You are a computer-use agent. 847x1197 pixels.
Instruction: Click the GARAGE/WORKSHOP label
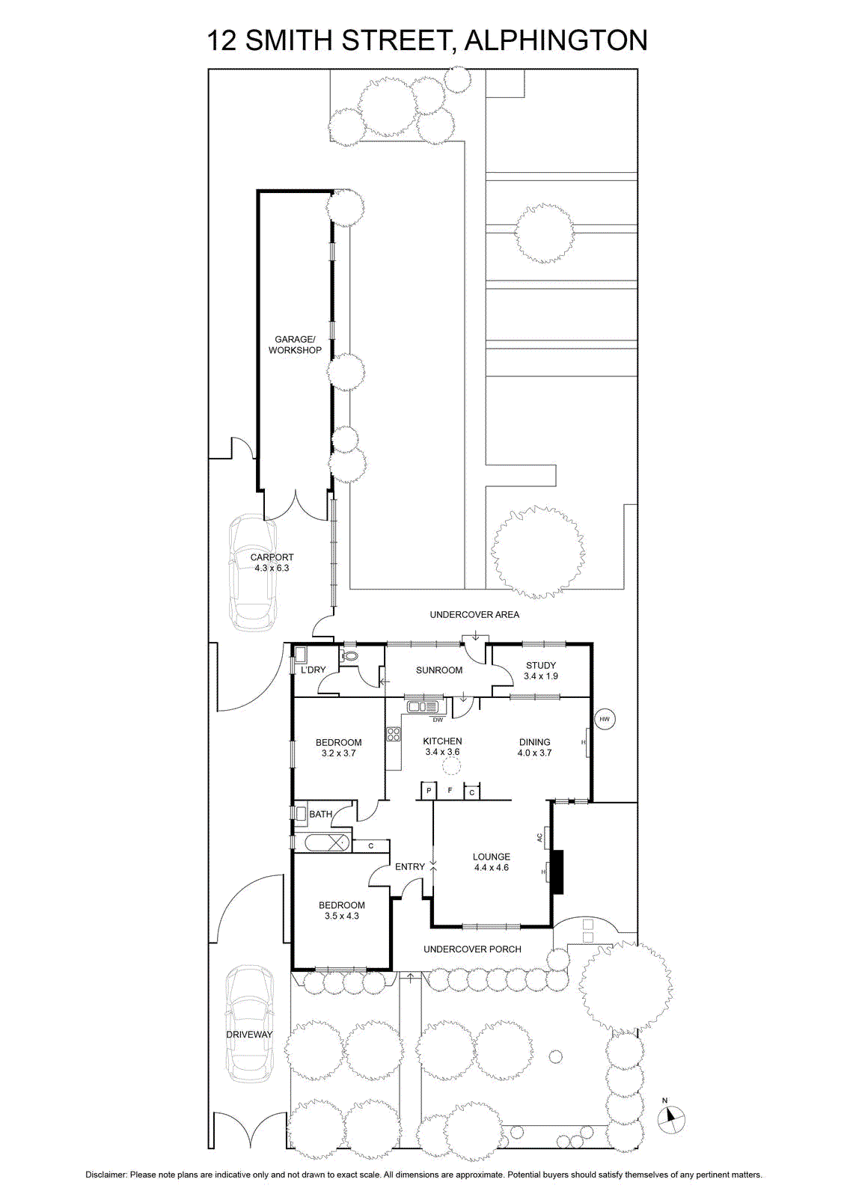point(295,345)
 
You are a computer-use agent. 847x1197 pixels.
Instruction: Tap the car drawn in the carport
point(253,572)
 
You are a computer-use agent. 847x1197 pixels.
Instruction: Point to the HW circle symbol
point(605,719)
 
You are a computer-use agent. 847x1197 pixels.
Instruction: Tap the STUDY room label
point(541,665)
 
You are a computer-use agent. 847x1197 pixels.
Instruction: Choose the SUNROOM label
point(439,670)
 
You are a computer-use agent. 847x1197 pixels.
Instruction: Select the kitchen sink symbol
point(426,707)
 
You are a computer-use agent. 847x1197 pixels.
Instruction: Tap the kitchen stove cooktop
point(394,734)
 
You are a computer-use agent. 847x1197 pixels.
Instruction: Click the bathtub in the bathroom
point(326,843)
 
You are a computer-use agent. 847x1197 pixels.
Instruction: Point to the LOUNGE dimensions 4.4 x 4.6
point(491,868)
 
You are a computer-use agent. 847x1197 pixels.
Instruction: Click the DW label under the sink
point(438,719)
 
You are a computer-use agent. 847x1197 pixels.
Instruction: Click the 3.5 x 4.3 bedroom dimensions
point(341,916)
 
